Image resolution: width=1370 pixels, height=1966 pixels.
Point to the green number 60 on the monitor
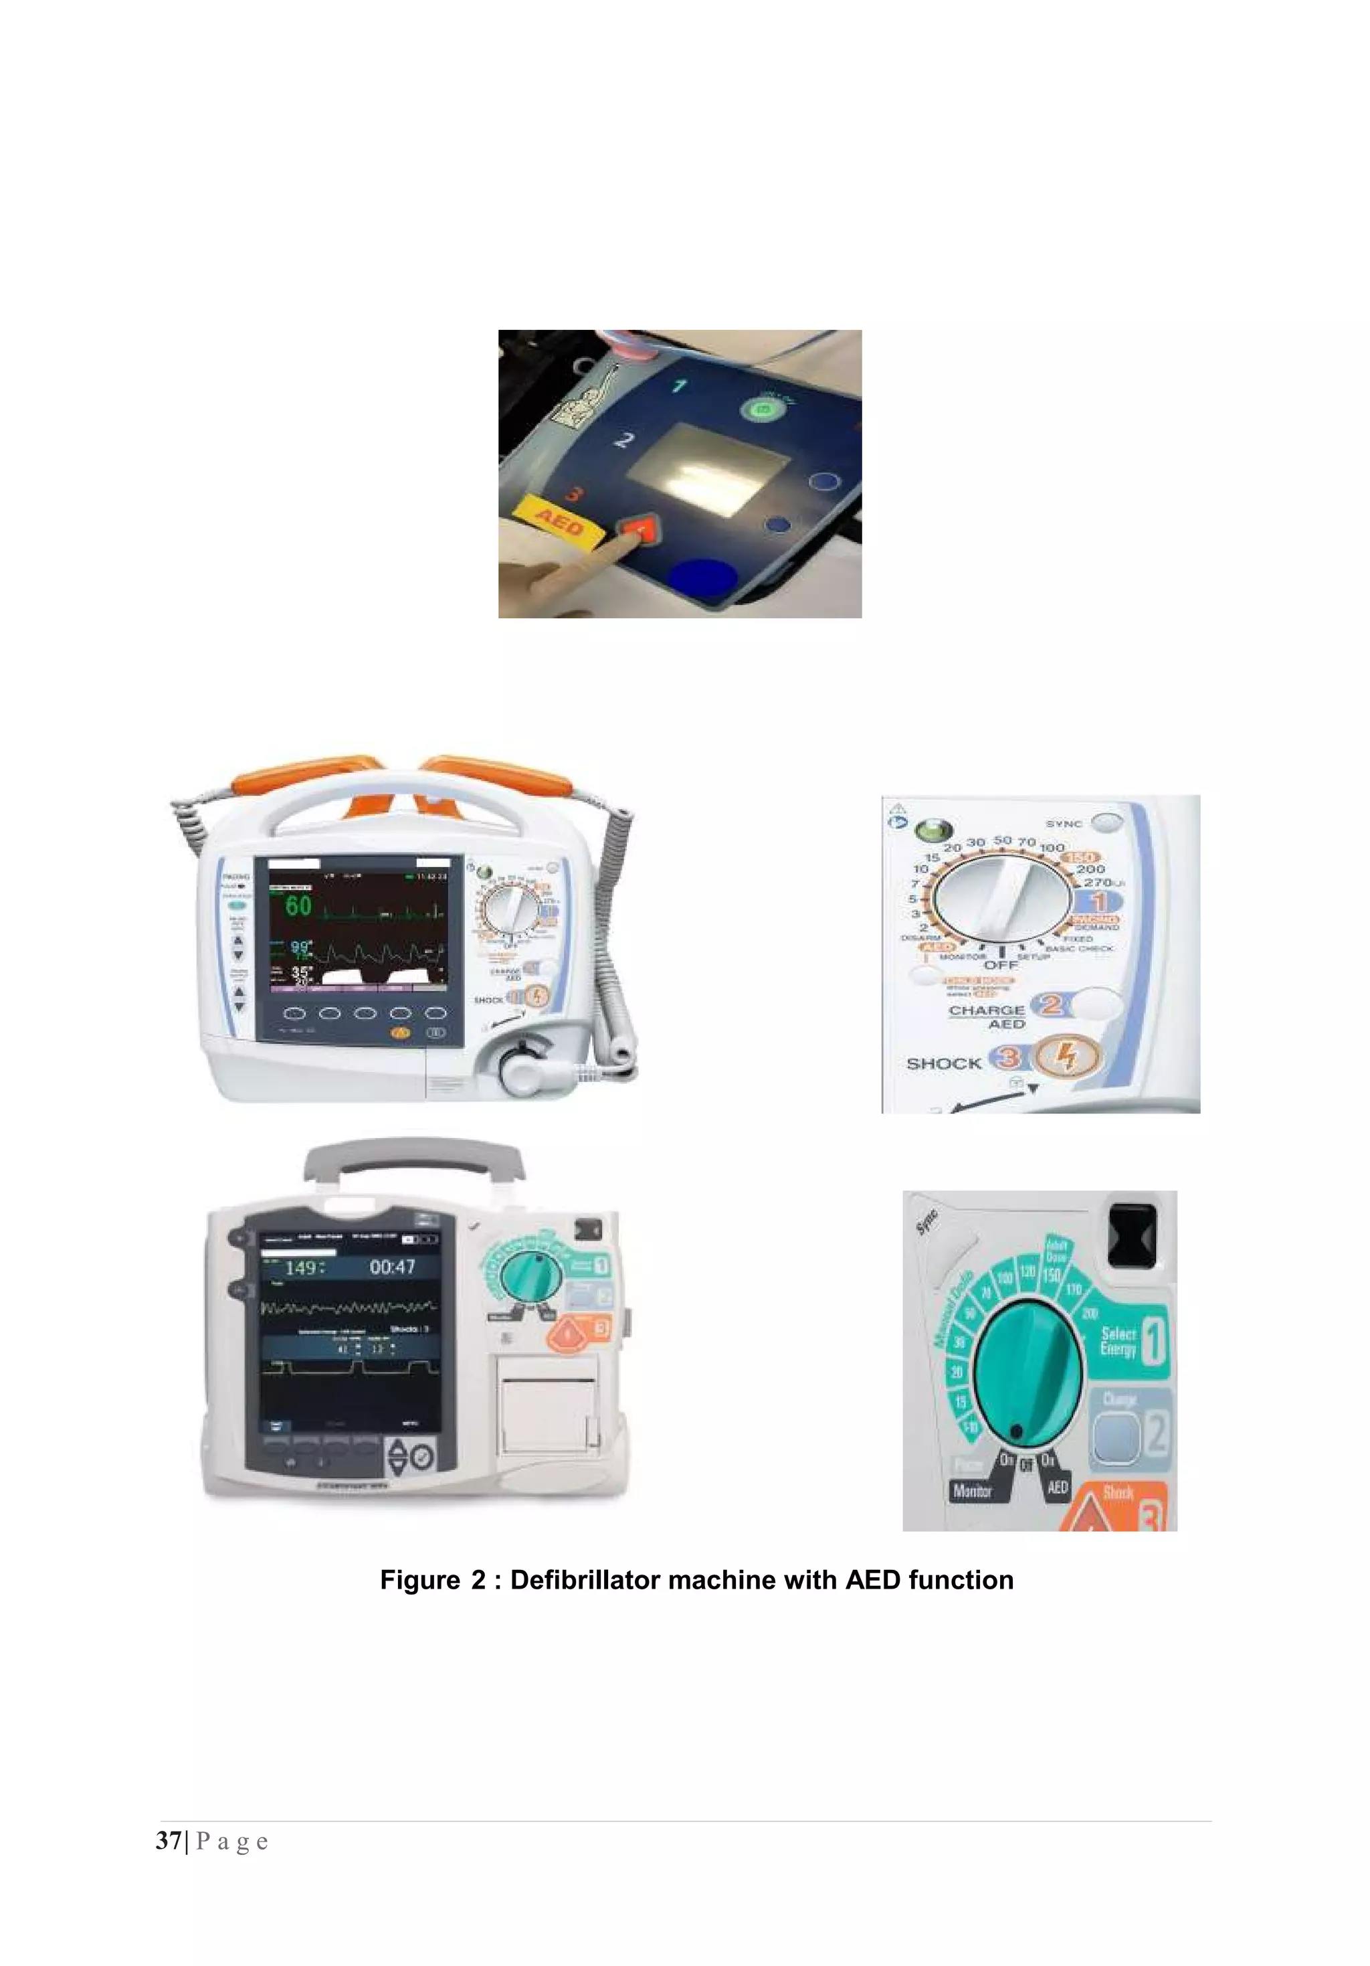(x=298, y=905)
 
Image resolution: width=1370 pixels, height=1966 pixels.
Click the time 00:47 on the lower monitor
(x=392, y=1267)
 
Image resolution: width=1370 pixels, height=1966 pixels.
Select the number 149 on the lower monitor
(x=302, y=1268)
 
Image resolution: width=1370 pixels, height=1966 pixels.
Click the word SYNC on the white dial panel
(x=1064, y=824)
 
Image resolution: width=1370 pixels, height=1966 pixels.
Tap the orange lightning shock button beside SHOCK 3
(x=1065, y=1057)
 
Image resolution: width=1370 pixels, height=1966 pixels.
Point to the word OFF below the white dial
(x=1000, y=965)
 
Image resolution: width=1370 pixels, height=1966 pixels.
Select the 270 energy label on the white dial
(x=1098, y=882)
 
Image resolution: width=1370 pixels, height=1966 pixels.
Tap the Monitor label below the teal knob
(x=972, y=1491)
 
